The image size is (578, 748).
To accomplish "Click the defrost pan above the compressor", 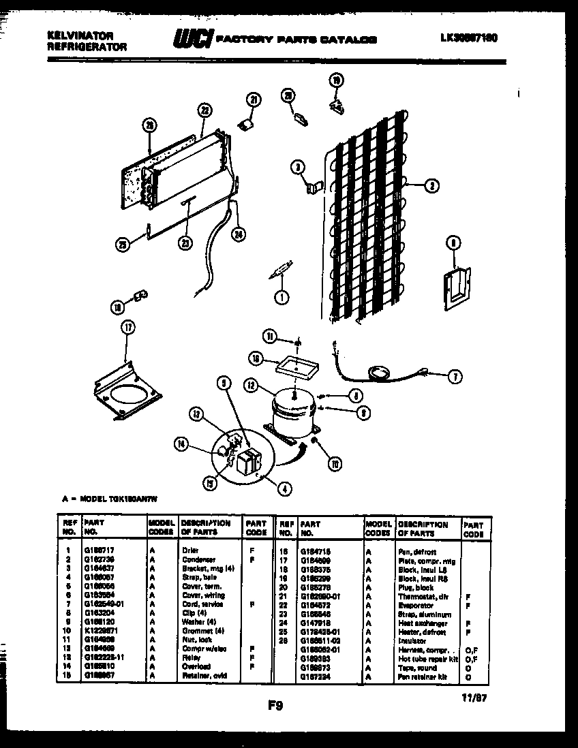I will click(293, 368).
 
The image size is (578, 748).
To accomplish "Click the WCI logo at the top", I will click(193, 40).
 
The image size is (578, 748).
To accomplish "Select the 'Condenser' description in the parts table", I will click(199, 559).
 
